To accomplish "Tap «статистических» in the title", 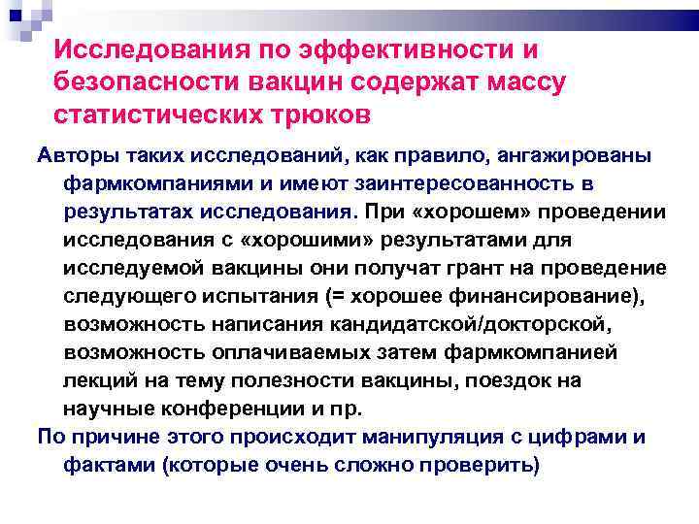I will point(146,115).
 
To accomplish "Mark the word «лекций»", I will point(93,379).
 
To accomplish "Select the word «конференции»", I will point(213,408).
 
